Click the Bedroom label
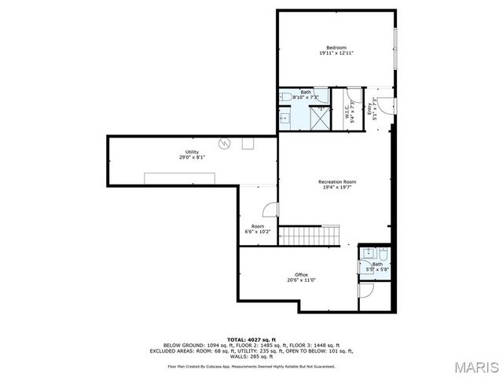point(336,48)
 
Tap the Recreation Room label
point(336,181)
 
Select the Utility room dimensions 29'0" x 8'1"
point(192,158)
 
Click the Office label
point(301,274)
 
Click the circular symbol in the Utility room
point(224,143)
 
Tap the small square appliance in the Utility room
point(248,143)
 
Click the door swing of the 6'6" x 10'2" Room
point(269,209)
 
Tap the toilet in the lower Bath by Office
point(381,255)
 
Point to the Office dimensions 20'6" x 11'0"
point(301,280)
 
